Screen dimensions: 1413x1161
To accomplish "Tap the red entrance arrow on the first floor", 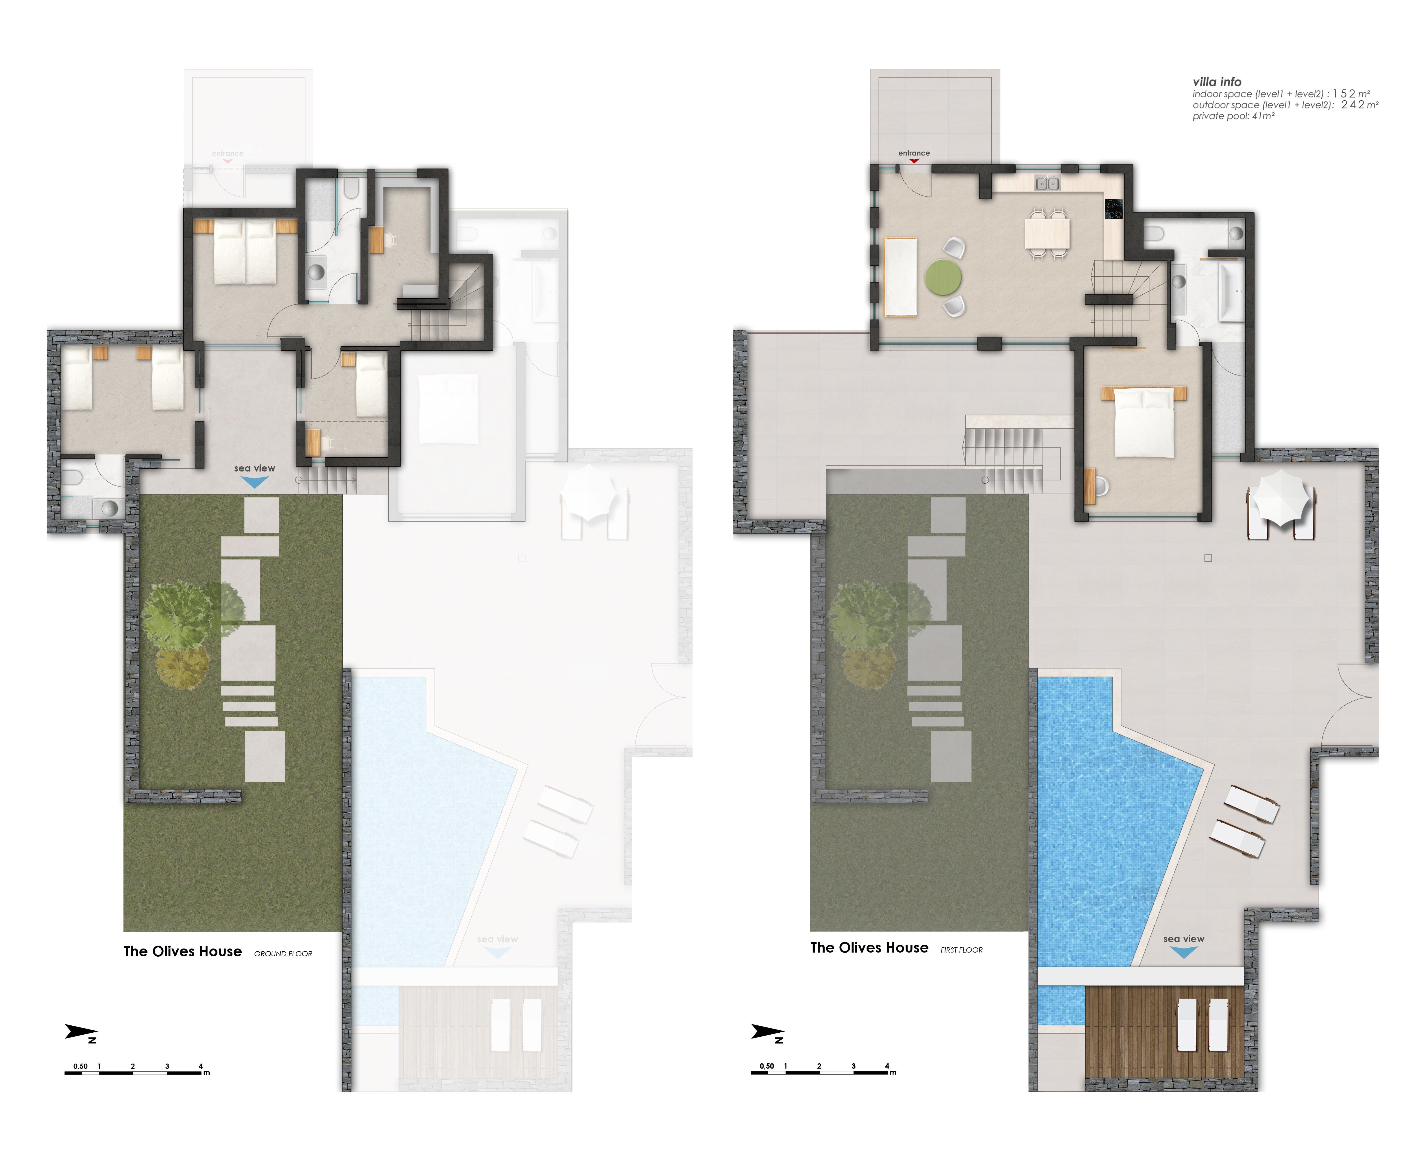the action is click(x=913, y=160).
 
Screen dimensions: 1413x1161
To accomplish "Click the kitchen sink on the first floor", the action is click(x=1047, y=182).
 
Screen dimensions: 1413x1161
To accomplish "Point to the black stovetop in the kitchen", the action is click(x=1113, y=209).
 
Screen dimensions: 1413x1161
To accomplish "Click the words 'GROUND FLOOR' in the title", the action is click(x=283, y=954).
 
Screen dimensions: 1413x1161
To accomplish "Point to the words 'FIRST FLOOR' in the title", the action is click(x=962, y=950).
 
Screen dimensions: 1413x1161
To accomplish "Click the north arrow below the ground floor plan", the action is click(x=82, y=1033).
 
